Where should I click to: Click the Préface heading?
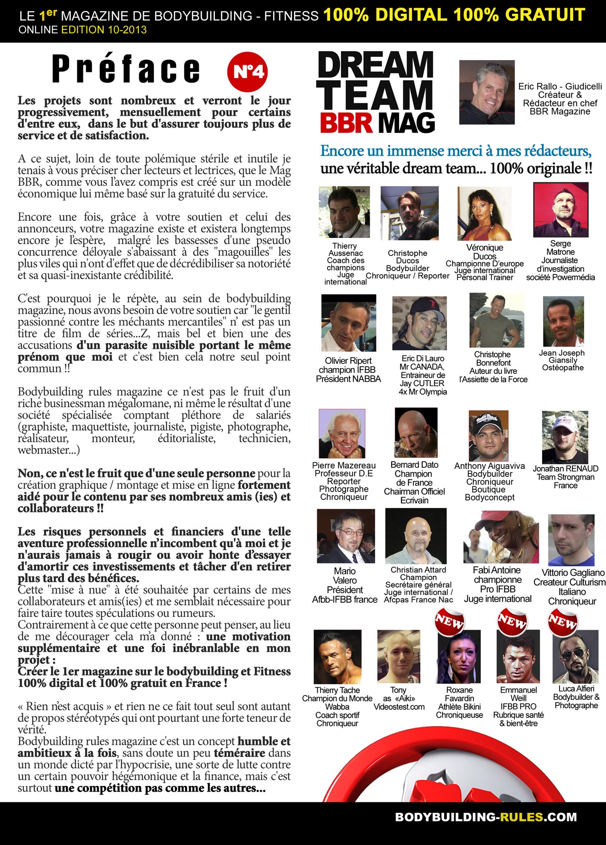tap(126, 70)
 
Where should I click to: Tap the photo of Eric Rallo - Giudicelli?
tap(487, 92)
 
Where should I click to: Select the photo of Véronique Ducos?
tap(484, 213)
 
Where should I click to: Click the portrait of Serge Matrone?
tap(561, 210)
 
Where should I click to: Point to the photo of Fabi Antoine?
tap(501, 537)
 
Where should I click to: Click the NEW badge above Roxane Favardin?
tap(449, 621)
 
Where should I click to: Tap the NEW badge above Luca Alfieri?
tap(562, 621)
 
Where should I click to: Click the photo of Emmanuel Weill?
tap(518, 658)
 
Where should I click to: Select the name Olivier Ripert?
tap(348, 361)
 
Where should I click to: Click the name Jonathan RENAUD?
tap(565, 468)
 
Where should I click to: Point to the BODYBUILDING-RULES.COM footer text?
tap(486, 817)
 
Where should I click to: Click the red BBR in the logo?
tap(346, 123)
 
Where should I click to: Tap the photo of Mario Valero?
tap(346, 536)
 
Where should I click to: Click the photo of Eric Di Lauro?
tap(419, 323)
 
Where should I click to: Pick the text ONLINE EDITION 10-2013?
tap(83, 30)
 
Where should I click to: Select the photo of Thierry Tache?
tap(337, 657)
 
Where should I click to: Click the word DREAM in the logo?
tap(375, 65)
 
